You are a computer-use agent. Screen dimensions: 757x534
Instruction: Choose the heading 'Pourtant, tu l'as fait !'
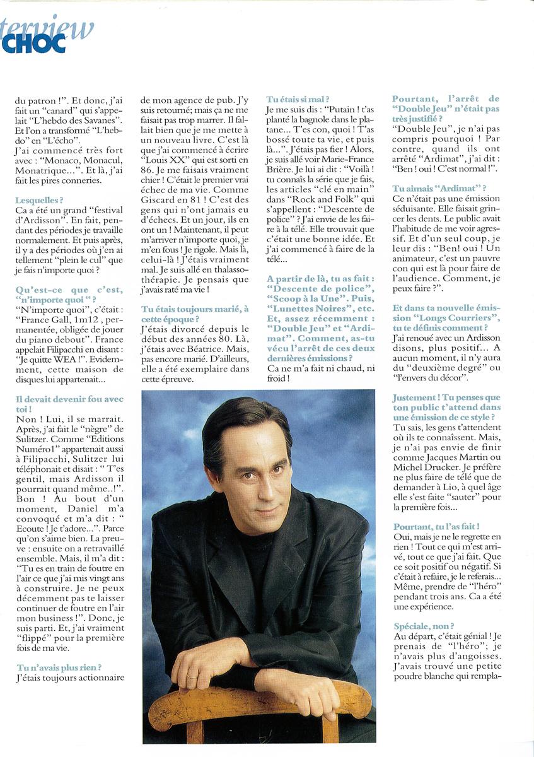(436, 526)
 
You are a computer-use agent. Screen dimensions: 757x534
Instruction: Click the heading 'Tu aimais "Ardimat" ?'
(439, 189)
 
